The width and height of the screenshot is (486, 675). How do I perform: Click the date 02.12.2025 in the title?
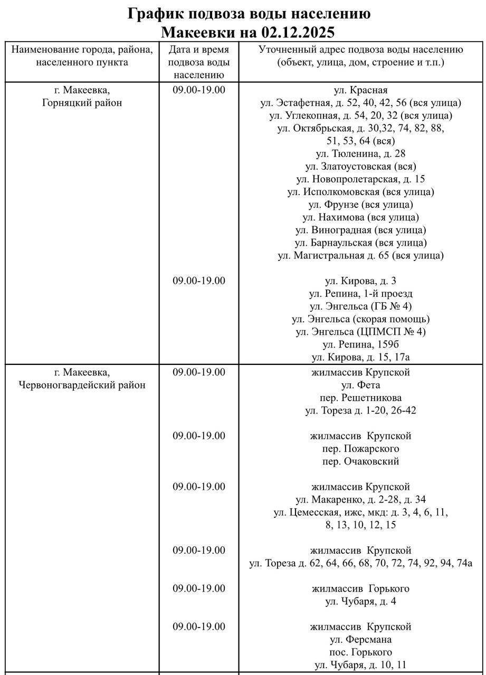(298, 33)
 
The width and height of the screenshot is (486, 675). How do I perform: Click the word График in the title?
(156, 14)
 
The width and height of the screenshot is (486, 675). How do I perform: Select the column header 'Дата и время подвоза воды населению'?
(199, 62)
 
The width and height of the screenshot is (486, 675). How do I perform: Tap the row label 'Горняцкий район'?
(82, 103)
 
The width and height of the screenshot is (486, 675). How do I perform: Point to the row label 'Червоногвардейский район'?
(82, 385)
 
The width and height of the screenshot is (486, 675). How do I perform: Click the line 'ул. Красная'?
(361, 90)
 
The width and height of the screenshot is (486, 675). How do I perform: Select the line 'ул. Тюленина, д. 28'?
(361, 153)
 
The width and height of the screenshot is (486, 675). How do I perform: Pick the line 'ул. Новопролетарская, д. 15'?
(361, 179)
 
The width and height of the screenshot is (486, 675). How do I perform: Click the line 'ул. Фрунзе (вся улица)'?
(361, 205)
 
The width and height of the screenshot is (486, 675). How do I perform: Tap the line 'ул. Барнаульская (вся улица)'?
(361, 243)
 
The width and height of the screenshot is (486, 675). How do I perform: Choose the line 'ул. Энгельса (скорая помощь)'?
(361, 319)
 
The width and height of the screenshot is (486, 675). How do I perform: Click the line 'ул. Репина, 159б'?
(361, 345)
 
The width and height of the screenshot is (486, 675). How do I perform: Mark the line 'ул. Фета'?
(361, 385)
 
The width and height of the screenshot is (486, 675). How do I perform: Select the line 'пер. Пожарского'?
(361, 449)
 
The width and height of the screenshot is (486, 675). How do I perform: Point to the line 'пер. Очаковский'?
(361, 461)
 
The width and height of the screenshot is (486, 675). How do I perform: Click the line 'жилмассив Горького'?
(361, 589)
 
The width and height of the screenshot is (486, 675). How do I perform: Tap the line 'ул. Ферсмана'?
(361, 640)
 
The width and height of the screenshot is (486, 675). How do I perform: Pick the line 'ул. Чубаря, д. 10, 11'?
(361, 665)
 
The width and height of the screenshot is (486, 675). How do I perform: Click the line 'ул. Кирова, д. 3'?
(361, 281)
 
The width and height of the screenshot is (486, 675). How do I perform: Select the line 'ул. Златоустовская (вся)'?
(361, 166)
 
